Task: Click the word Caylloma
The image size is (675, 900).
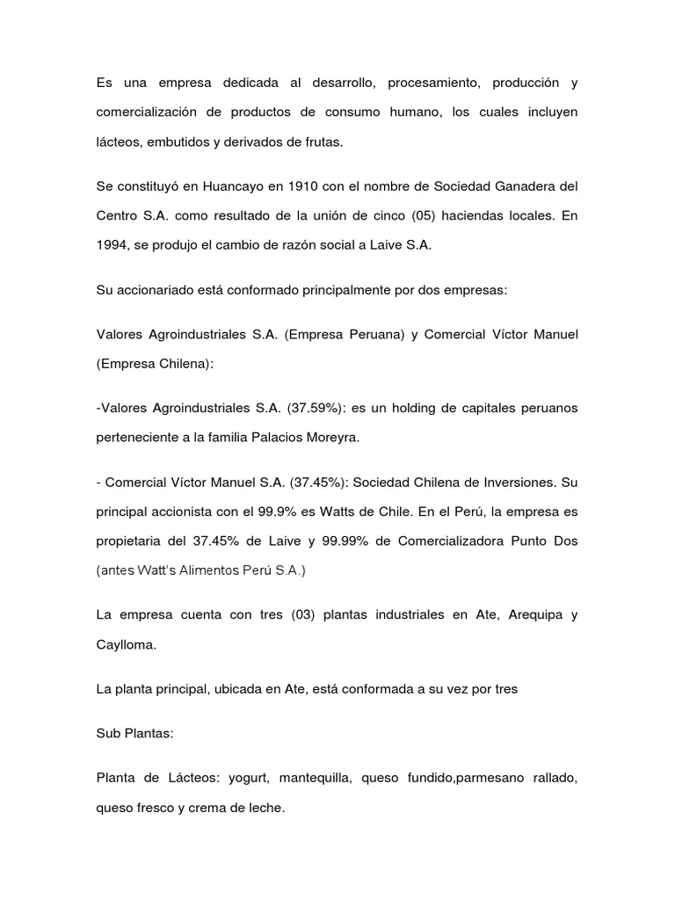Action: [x=127, y=645]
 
